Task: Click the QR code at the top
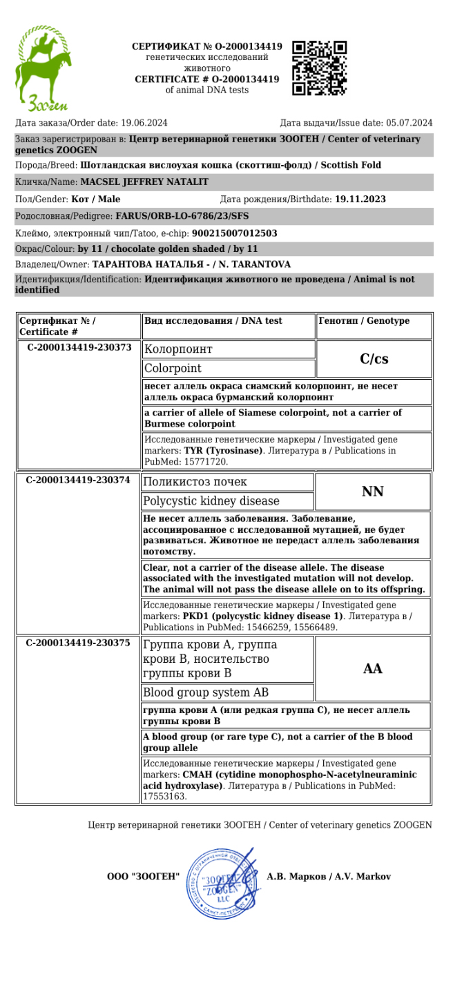(320, 68)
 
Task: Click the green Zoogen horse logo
(43, 69)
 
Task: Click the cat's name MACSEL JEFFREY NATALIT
(144, 182)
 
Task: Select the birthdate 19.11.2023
(360, 200)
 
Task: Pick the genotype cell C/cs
(374, 359)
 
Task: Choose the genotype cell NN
(373, 492)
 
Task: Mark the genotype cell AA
(373, 668)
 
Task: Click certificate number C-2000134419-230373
(79, 347)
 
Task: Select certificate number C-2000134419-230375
(78, 643)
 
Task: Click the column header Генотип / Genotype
(364, 321)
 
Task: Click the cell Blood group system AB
(206, 692)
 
